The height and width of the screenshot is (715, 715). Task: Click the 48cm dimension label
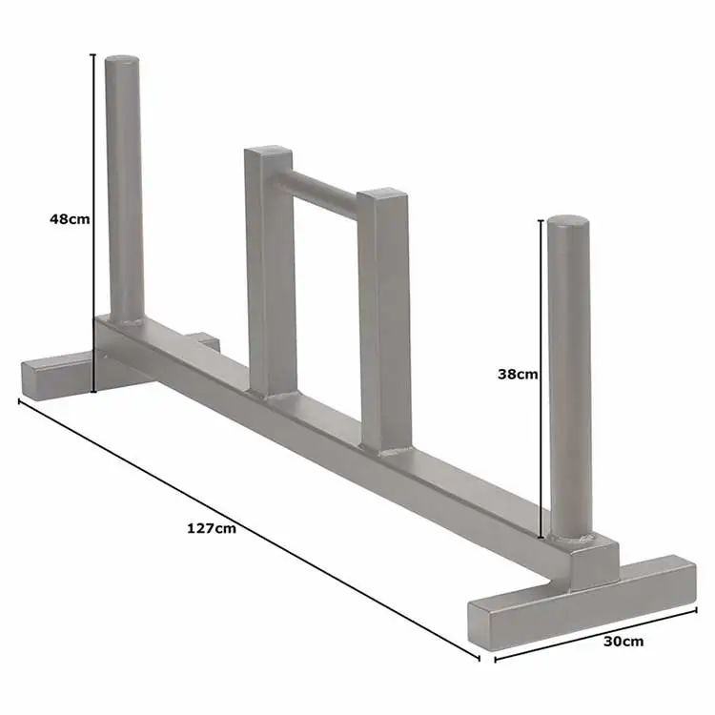tap(70, 218)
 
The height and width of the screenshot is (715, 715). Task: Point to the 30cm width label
tap(623, 641)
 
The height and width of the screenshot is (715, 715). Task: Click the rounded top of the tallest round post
tap(122, 62)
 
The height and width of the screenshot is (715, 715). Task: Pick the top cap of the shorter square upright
tap(383, 197)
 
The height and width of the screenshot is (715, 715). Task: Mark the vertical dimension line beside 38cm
tap(542, 381)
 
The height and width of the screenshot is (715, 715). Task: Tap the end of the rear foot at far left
tap(33, 380)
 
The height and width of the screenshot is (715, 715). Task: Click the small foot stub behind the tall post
tap(203, 340)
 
